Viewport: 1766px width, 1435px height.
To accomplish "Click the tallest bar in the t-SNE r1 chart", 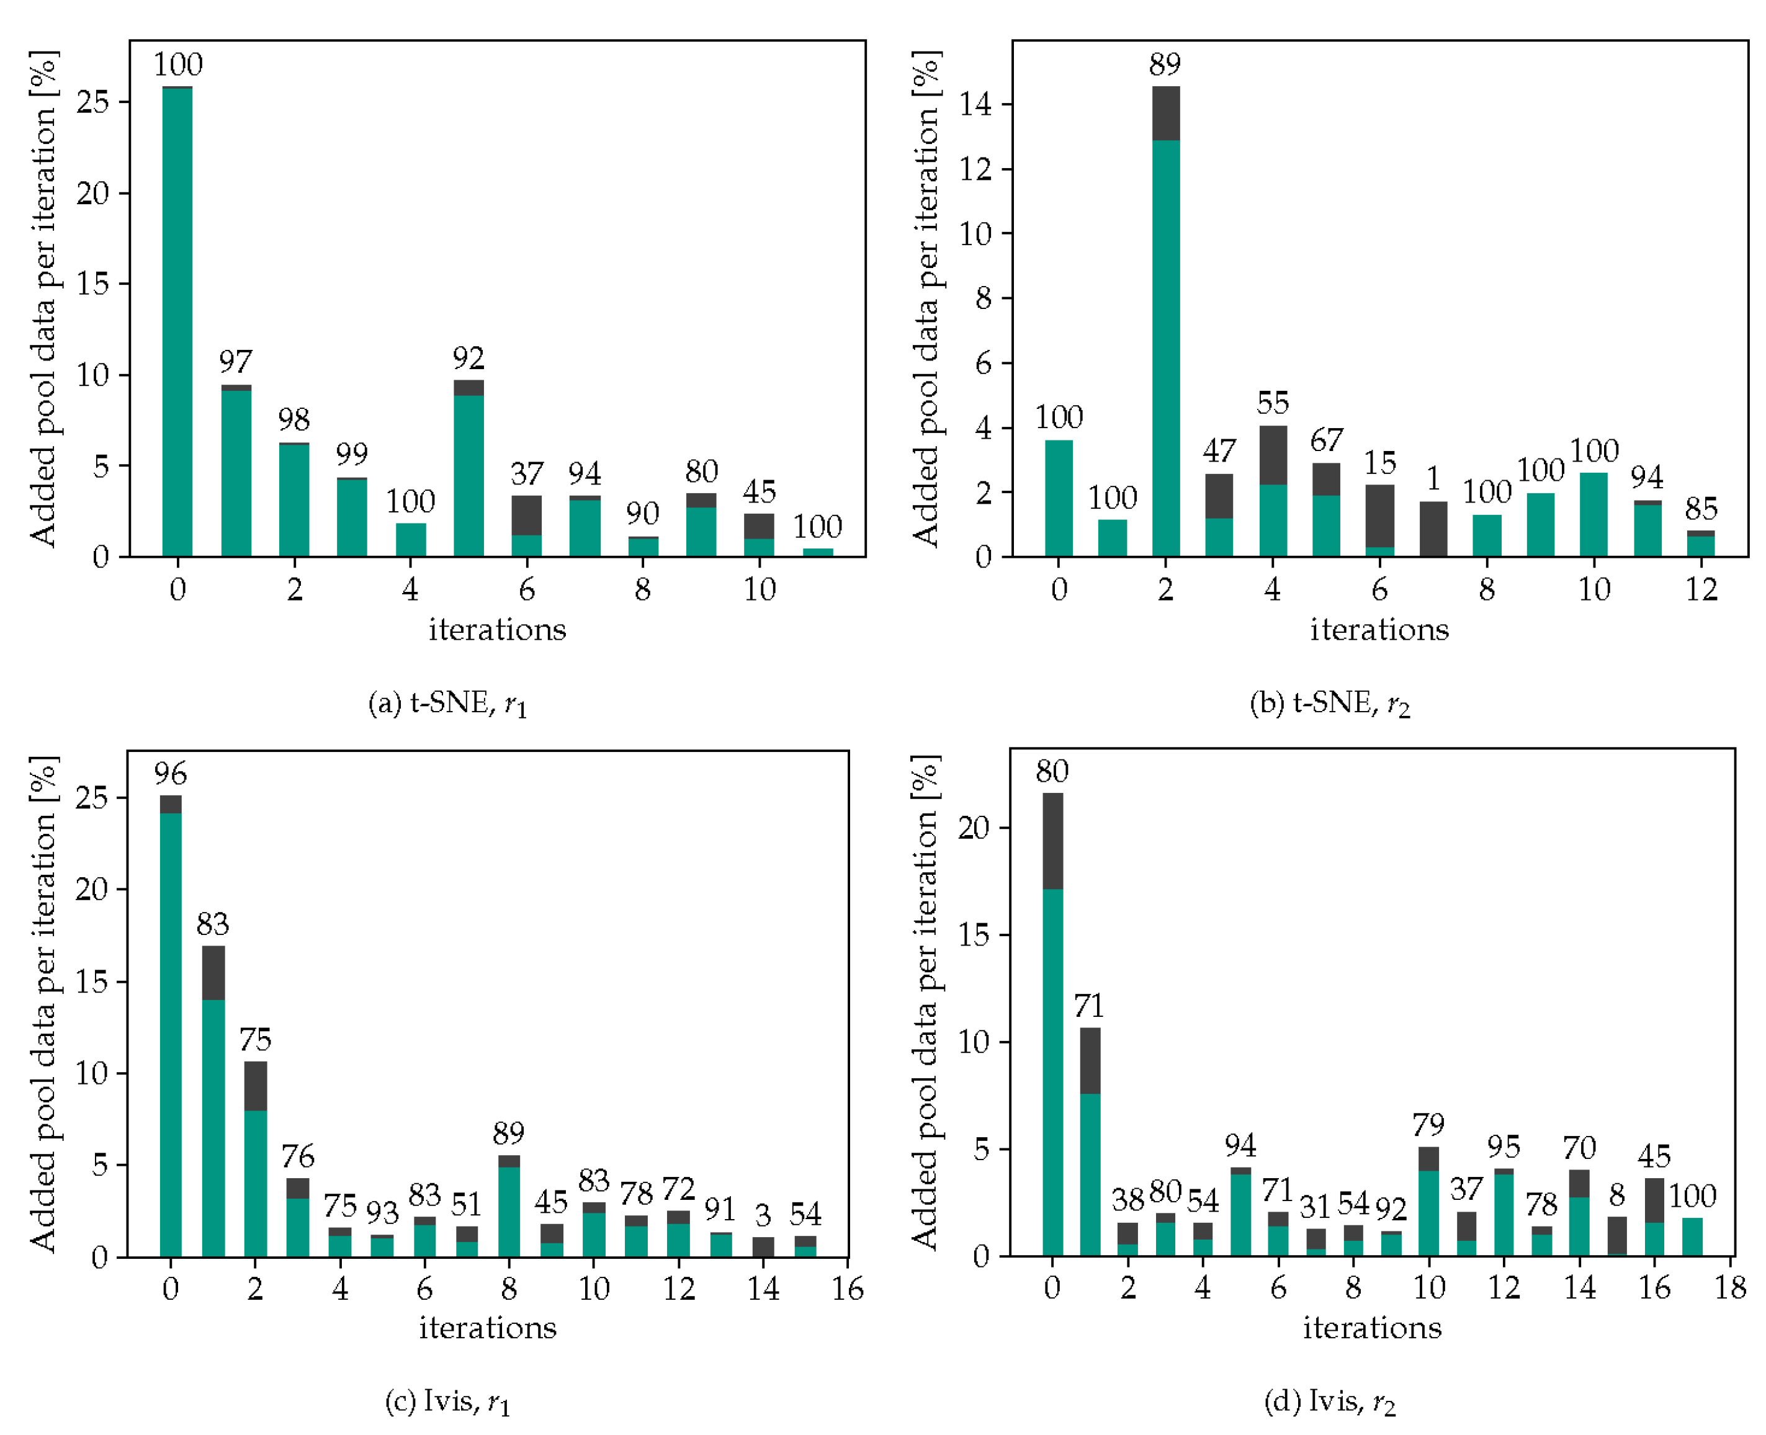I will (x=177, y=323).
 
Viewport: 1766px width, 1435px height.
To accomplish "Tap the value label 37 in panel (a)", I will (x=527, y=473).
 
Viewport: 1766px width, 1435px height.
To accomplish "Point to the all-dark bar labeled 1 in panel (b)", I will (x=1433, y=530).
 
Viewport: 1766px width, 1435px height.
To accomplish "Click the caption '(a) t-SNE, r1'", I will (x=447, y=704).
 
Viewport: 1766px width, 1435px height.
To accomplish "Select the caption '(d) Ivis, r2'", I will (x=1329, y=1401).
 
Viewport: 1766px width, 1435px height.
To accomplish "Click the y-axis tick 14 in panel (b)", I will (x=975, y=104).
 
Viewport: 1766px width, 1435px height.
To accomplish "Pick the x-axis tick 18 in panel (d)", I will (x=1729, y=1287).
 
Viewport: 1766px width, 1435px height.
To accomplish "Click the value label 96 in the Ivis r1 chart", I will (x=170, y=774).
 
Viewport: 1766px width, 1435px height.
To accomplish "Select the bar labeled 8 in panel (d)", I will (x=1616, y=1236).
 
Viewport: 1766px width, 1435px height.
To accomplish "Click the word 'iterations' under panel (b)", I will (x=1379, y=630).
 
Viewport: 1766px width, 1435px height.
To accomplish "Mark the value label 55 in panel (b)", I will (x=1273, y=403).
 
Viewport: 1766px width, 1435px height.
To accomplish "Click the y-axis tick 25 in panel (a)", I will (x=92, y=102).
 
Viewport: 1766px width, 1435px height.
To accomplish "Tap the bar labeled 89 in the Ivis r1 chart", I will (x=508, y=1207).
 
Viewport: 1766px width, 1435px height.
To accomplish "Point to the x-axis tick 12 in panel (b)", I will (x=1701, y=589).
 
